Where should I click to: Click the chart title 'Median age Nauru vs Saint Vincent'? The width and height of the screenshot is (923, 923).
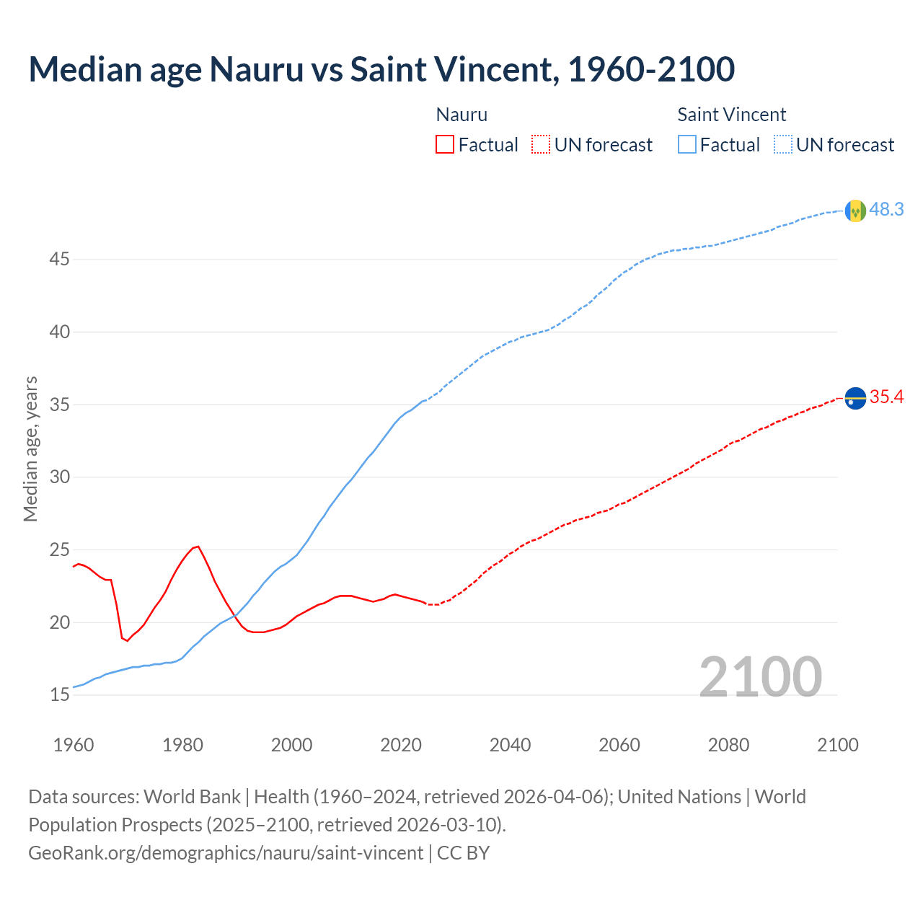(381, 69)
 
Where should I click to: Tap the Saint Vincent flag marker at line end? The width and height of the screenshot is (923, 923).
(855, 211)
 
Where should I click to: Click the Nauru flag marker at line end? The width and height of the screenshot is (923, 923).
(855, 398)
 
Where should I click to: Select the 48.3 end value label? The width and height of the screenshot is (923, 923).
(886, 210)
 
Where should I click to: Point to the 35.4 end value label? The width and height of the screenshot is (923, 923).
(886, 397)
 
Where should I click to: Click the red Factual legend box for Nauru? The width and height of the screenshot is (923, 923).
(445, 145)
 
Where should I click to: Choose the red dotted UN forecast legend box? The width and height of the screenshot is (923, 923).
(541, 145)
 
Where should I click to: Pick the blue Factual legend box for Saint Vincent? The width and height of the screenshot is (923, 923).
(686, 145)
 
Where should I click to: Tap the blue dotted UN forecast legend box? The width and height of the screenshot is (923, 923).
(782, 145)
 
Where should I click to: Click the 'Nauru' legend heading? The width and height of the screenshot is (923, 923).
(461, 115)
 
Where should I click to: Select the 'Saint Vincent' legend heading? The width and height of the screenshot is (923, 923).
(731, 115)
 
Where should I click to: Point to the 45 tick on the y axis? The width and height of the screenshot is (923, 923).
(59, 259)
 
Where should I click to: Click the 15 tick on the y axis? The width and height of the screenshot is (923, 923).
(59, 695)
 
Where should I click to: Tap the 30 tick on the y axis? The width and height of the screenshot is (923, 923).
(59, 477)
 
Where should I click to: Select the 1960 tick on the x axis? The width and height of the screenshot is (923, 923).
(74, 745)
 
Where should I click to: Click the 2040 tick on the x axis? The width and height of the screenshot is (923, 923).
(510, 745)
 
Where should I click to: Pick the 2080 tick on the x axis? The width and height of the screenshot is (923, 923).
(728, 745)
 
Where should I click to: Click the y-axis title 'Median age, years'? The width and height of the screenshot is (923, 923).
(30, 449)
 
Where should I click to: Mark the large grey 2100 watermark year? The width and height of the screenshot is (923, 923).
(760, 676)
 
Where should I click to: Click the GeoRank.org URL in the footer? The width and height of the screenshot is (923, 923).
(226, 853)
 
